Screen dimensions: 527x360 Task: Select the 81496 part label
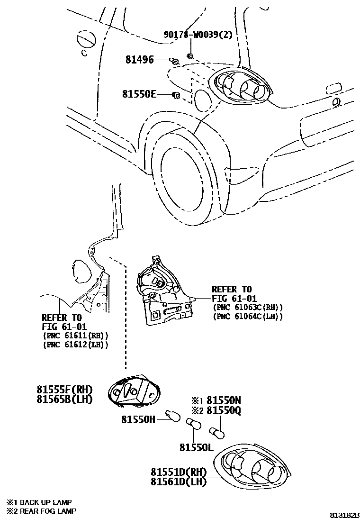point(139,60)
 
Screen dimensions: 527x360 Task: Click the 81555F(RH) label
point(64,389)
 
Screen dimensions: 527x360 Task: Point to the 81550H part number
point(138,419)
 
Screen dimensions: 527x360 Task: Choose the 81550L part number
point(196,447)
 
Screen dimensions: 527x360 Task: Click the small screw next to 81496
point(173,60)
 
